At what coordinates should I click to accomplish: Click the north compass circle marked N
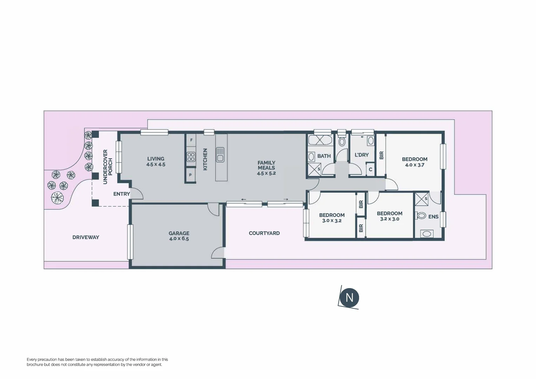point(349,298)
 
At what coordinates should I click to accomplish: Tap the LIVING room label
point(155,159)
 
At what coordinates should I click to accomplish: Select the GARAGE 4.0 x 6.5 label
point(179,236)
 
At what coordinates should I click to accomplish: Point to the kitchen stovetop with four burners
point(191,157)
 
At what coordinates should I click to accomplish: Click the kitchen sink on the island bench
point(220,154)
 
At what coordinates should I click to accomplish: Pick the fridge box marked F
point(191,140)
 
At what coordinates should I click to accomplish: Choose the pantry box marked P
point(190,175)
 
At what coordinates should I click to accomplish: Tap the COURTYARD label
point(264,233)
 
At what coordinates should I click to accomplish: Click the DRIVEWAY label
point(86,237)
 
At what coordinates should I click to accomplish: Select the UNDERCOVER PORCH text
point(107,167)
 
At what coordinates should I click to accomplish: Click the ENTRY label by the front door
point(121,194)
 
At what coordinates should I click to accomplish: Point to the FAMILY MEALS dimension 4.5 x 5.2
point(266,173)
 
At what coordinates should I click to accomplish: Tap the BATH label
point(324,156)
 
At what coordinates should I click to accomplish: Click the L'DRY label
point(362,155)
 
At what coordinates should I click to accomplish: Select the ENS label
point(433,217)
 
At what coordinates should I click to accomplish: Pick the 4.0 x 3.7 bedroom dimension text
point(415,165)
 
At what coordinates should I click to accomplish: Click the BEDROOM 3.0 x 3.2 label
point(332,218)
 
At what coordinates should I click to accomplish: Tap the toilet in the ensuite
point(421,216)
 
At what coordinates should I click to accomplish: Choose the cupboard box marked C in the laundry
point(370,170)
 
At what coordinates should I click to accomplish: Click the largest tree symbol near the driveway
point(57,198)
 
